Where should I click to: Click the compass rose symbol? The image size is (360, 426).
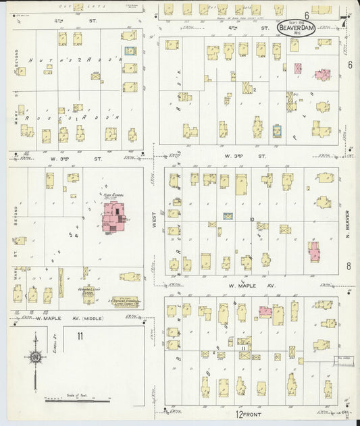pyautogui.click(x=35, y=356)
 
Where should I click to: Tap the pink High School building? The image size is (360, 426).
pyautogui.click(x=114, y=222)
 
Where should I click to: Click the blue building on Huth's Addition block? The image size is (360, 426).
pyautogui.click(x=130, y=51)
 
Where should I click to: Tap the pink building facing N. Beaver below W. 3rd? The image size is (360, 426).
pyautogui.click(x=315, y=251)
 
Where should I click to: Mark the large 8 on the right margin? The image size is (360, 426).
pyautogui.click(x=349, y=266)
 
